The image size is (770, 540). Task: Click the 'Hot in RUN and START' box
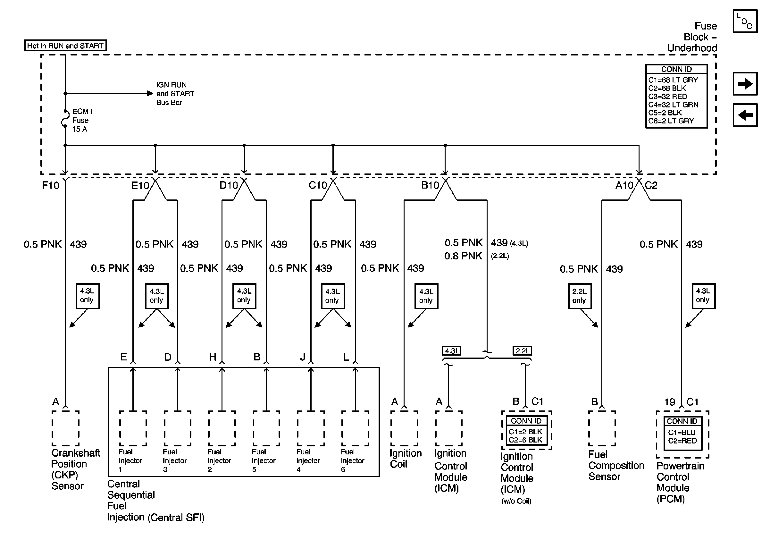tap(65, 46)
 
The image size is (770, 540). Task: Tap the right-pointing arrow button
tap(745, 84)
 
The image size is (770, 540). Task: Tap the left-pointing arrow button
tap(745, 115)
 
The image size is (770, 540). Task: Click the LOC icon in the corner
tap(745, 21)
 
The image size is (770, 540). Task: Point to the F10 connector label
tap(51, 185)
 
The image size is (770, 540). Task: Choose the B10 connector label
tap(430, 185)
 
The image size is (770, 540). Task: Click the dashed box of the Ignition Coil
tap(404, 428)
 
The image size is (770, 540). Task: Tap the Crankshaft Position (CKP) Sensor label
tap(75, 469)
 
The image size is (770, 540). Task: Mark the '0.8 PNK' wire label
tap(463, 256)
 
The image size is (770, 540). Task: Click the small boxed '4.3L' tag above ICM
tap(451, 351)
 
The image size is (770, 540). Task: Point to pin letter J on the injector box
tap(303, 357)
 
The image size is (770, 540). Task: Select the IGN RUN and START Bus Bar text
tap(175, 94)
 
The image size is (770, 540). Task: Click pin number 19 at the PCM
tap(670, 402)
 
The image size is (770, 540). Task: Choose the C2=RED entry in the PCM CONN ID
tap(682, 441)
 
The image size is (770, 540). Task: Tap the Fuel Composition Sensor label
tap(616, 466)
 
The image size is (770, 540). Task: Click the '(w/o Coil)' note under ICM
tap(516, 501)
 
